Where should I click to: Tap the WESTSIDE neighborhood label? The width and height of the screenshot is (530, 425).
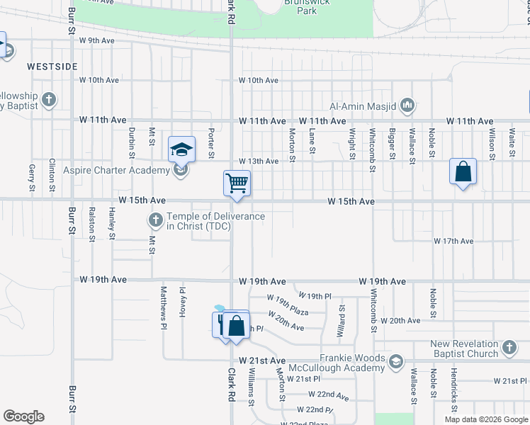(52, 66)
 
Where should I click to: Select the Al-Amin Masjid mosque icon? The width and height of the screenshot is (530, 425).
(407, 106)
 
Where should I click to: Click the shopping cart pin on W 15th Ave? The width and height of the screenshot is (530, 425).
(237, 183)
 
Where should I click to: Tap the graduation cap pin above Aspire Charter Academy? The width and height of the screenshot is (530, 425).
(181, 149)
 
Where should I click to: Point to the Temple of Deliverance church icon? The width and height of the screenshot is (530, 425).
(155, 220)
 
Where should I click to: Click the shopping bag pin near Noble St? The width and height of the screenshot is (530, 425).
(462, 171)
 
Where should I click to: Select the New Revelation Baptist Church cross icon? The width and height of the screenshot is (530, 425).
(508, 347)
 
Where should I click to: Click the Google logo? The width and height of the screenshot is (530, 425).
(23, 416)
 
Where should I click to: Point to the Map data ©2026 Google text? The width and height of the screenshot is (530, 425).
(485, 419)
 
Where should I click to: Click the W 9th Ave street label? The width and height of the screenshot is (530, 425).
(97, 40)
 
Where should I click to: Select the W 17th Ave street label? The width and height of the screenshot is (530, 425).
(453, 242)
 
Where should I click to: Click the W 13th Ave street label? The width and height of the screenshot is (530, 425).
(258, 161)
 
